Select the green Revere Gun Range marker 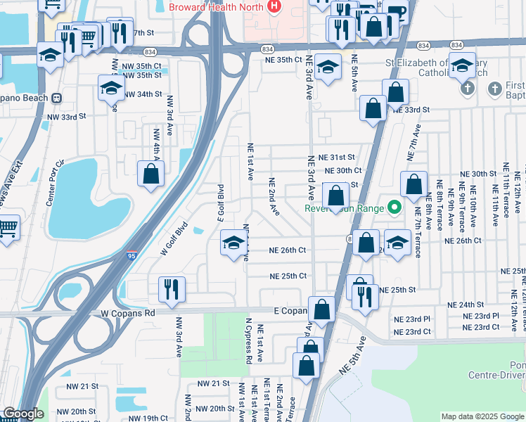[394, 207]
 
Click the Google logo [23, 414]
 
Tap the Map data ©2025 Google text [482, 416]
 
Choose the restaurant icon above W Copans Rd [172, 288]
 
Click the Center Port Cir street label [56, 182]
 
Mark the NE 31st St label [337, 158]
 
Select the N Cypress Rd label [248, 341]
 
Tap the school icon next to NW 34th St [110, 88]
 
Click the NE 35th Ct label [283, 60]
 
